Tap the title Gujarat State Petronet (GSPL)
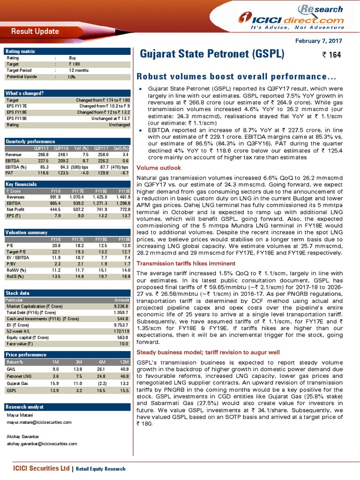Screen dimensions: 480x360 coord(212,54)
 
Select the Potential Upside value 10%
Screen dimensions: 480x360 coord(71,76)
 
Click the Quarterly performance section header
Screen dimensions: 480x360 coord(30,142)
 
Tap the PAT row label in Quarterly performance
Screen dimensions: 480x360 coord(9,172)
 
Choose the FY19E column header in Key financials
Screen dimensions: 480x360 coord(124,191)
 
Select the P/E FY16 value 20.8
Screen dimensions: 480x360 coord(55,245)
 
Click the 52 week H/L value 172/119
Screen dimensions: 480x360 coord(120,330)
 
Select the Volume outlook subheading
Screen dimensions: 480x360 coord(152,167)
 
